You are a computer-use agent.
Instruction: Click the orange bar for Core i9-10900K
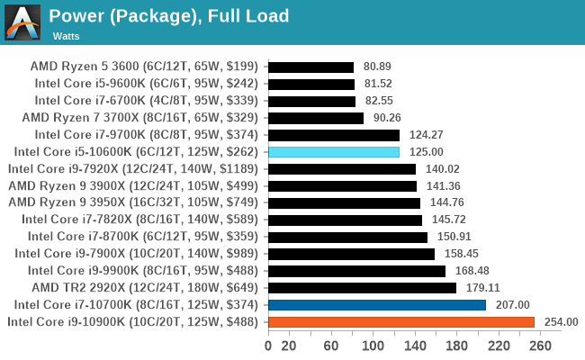[400, 321]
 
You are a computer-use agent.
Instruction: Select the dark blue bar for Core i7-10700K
[376, 304]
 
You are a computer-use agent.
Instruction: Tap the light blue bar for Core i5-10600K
[334, 151]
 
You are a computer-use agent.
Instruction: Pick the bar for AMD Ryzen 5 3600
[310, 67]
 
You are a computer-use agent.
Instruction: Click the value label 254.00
[560, 321]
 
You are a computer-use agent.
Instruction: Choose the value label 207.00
[511, 304]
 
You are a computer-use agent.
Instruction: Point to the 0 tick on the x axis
[268, 345]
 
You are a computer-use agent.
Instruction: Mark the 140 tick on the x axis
[416, 345]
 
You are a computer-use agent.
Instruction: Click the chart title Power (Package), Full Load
[169, 15]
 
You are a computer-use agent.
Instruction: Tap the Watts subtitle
[65, 36]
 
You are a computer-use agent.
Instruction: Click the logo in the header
[22, 22]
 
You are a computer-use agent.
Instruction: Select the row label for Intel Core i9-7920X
[133, 168]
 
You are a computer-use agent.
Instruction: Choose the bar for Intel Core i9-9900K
[356, 270]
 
